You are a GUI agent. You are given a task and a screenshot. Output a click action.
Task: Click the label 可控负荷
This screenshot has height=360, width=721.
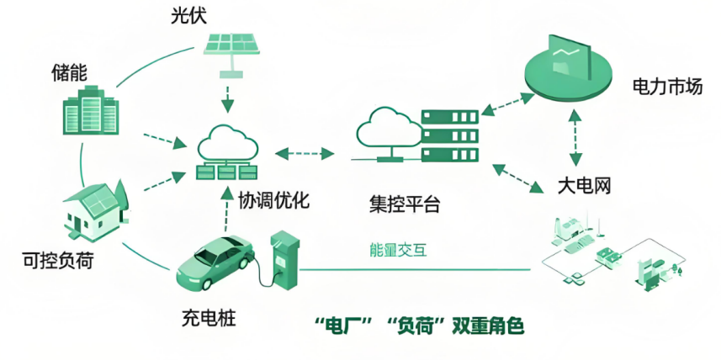pyautogui.click(x=58, y=260)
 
